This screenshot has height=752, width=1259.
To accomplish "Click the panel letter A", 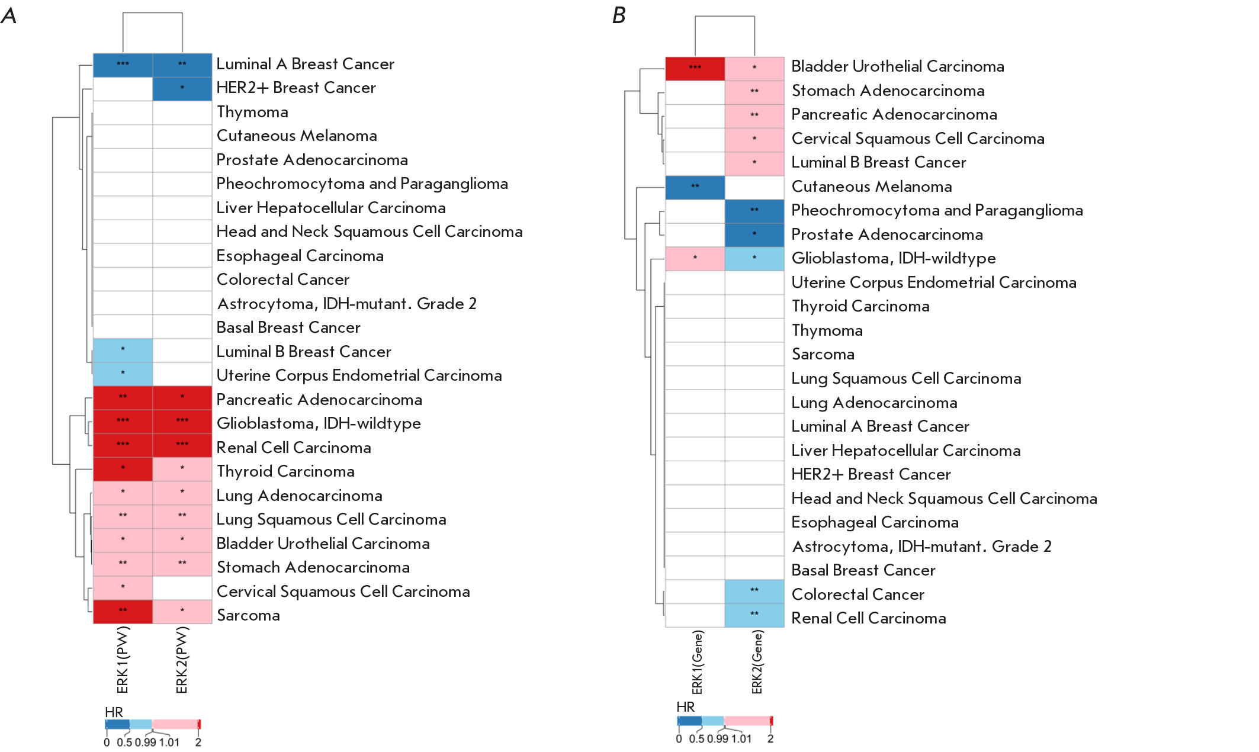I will click(x=9, y=15).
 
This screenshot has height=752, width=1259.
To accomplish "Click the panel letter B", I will click(x=619, y=15).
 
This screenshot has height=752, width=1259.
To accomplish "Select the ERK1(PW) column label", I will click(x=123, y=660).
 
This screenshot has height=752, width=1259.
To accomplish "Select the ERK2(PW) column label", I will click(x=182, y=660).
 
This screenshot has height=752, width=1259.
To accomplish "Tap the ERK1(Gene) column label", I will click(x=698, y=662).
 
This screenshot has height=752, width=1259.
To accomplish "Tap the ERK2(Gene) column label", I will click(x=757, y=662).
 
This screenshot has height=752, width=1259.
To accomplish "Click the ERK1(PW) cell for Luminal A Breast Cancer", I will click(x=123, y=65).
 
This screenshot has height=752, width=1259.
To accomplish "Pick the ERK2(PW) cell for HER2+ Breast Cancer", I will click(x=182, y=88).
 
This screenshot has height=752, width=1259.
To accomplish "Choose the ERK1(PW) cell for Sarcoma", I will click(x=123, y=611).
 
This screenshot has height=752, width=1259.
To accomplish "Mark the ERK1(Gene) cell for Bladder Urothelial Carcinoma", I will click(x=695, y=68).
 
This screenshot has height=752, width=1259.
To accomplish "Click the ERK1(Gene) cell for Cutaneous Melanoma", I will click(x=695, y=187).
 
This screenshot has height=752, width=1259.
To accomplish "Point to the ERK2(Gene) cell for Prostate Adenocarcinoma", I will click(x=754, y=234).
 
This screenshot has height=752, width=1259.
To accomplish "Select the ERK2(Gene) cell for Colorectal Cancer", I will click(x=754, y=591).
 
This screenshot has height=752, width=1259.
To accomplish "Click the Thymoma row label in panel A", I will click(x=252, y=112).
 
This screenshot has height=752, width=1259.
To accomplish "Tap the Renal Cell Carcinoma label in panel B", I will click(x=868, y=618).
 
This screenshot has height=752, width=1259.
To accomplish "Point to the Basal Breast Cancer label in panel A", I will click(x=288, y=327).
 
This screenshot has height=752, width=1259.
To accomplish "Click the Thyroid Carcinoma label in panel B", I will click(x=860, y=306).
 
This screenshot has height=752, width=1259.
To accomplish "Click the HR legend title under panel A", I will click(x=114, y=712).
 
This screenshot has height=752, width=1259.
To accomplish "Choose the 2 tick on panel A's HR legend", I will click(x=198, y=743).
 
